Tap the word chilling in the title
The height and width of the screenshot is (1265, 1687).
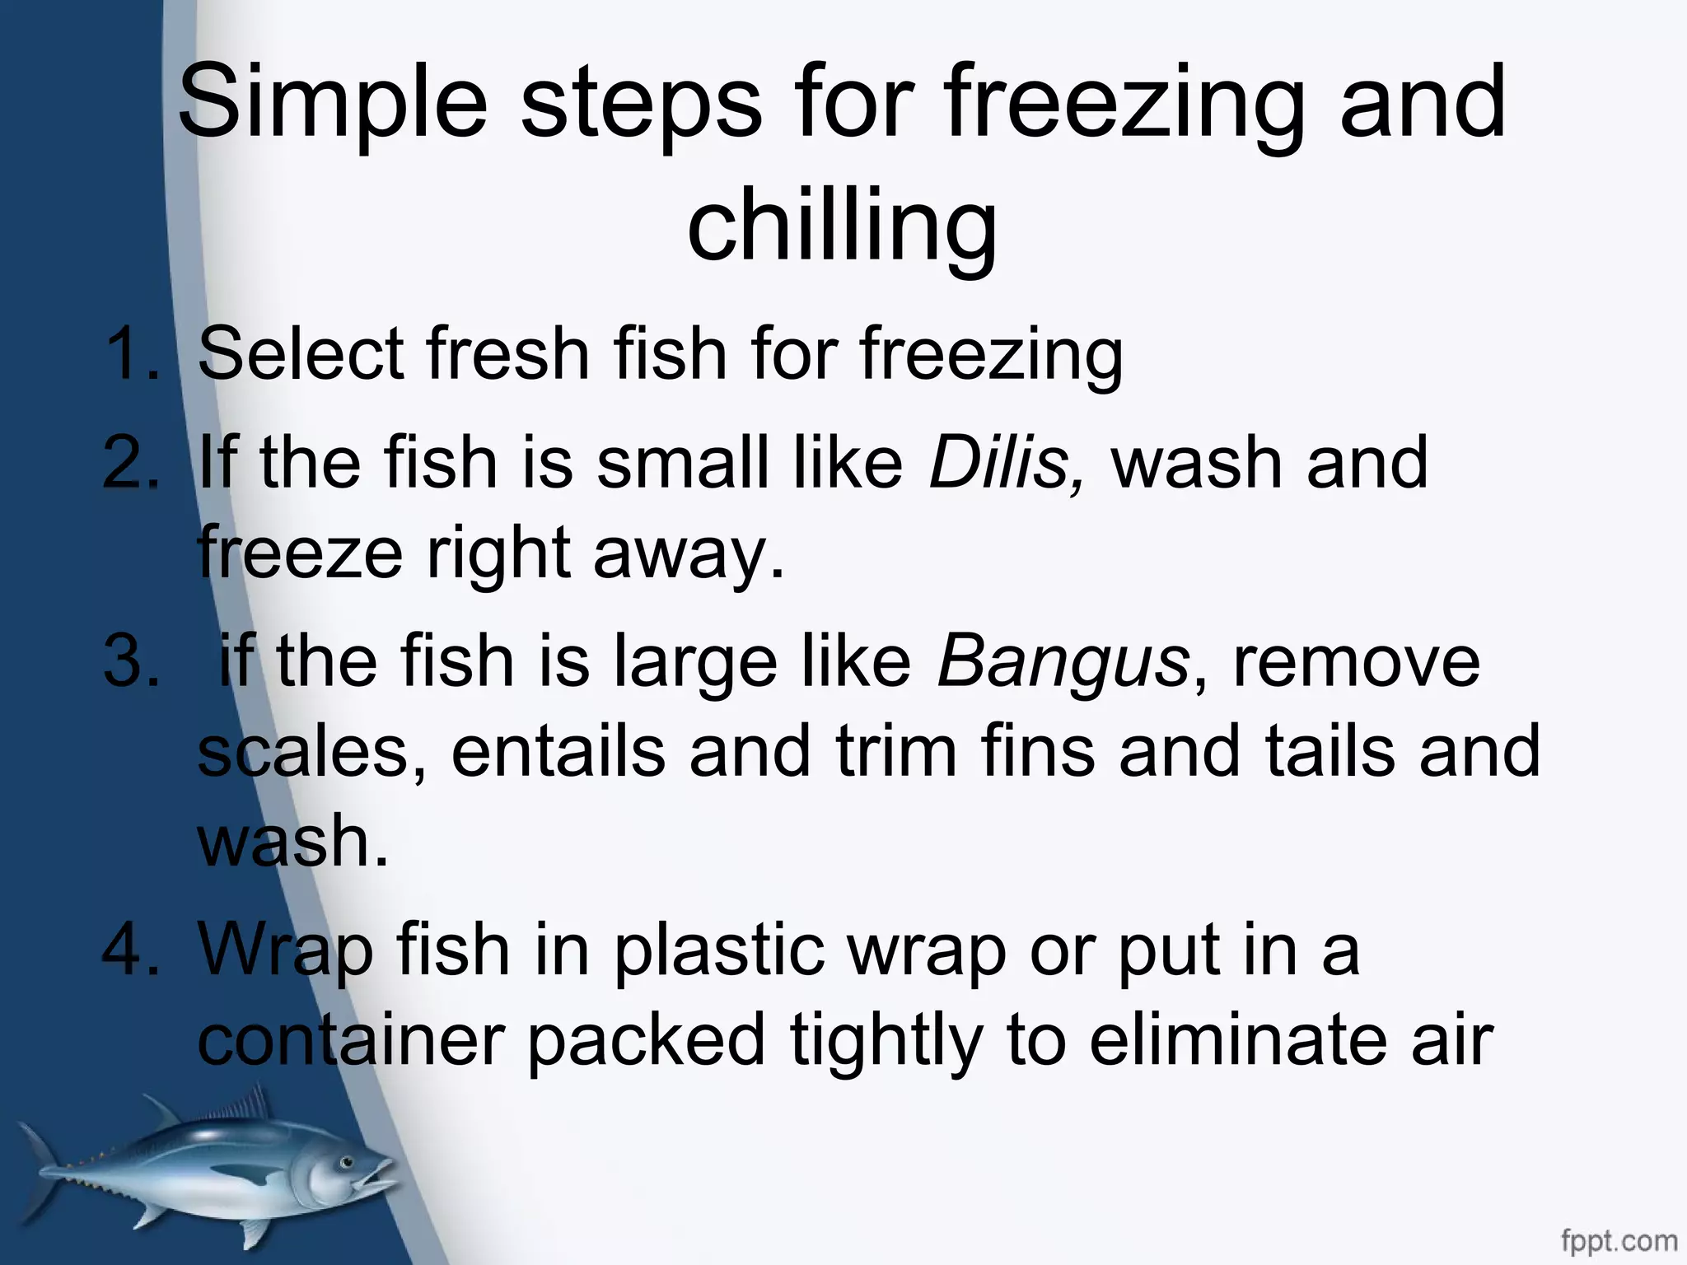(842, 224)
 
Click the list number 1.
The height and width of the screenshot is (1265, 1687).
(132, 354)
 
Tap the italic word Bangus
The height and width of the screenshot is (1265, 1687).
(1063, 664)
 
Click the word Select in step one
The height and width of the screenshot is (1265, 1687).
(301, 354)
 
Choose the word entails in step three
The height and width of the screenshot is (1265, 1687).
(558, 751)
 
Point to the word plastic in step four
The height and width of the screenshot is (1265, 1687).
(718, 950)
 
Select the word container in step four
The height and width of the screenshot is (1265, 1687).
(350, 1041)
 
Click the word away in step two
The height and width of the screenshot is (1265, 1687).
(689, 553)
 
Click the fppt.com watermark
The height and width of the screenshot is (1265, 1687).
(1618, 1240)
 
